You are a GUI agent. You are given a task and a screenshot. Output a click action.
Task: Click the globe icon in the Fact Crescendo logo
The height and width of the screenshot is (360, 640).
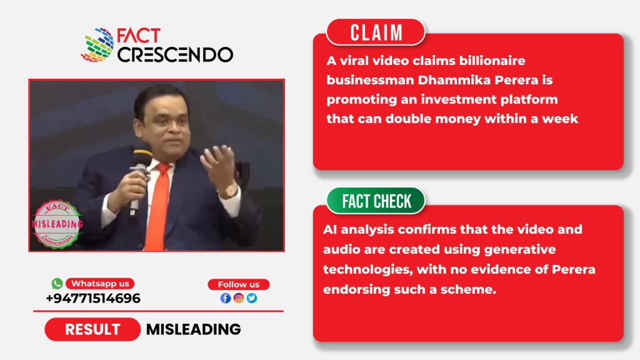pyautogui.click(x=97, y=45)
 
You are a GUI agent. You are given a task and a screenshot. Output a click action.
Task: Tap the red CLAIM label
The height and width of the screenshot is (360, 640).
pyautogui.click(x=376, y=32)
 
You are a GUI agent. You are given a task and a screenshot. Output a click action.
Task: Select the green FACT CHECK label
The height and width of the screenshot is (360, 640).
pyautogui.click(x=376, y=201)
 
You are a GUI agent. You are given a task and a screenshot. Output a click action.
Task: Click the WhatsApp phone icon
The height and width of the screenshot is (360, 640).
pyautogui.click(x=57, y=283)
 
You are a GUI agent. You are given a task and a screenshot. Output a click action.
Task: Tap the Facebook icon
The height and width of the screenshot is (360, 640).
pyautogui.click(x=225, y=298)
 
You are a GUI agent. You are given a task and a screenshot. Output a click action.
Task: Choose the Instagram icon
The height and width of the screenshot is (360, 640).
pyautogui.click(x=239, y=298)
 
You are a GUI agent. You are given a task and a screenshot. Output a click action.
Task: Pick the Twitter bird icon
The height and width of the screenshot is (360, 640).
pyautogui.click(x=252, y=298)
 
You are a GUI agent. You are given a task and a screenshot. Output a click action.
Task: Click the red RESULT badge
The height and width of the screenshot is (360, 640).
pyautogui.click(x=92, y=329)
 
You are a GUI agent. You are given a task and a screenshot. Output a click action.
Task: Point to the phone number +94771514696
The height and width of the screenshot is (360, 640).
pyautogui.click(x=93, y=298)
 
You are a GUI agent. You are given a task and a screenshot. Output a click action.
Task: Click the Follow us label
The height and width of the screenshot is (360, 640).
pyautogui.click(x=238, y=284)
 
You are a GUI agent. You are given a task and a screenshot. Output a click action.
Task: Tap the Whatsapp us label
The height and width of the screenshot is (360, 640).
pyautogui.click(x=100, y=283)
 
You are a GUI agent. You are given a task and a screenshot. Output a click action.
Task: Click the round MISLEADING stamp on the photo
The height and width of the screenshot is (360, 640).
pyautogui.click(x=57, y=224)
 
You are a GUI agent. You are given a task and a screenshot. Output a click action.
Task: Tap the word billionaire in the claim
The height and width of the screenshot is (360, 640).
pyautogui.click(x=492, y=61)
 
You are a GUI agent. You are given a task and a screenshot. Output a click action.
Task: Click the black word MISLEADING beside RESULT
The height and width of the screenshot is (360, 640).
pyautogui.click(x=194, y=329)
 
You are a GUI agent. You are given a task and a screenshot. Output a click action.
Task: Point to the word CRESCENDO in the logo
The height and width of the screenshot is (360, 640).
pyautogui.click(x=175, y=55)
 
